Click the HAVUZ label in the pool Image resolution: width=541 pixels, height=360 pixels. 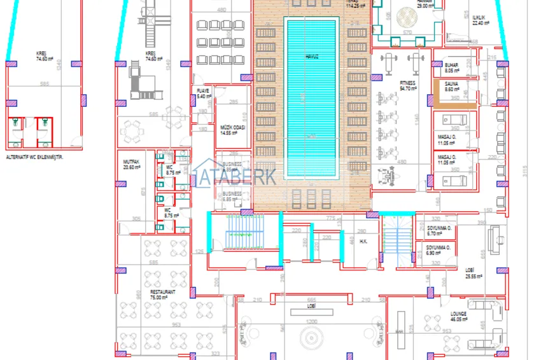(x=311, y=56)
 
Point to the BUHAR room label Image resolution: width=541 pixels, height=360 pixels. (x=451, y=67)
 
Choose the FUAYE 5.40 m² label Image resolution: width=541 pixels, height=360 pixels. (x=203, y=93)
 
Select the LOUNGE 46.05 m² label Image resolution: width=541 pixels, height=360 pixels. (x=458, y=317)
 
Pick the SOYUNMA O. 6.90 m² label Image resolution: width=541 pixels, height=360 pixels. (x=439, y=251)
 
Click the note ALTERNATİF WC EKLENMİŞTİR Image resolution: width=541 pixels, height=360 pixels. (x=36, y=156)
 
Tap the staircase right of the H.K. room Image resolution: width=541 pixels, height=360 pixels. (x=395, y=240)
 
